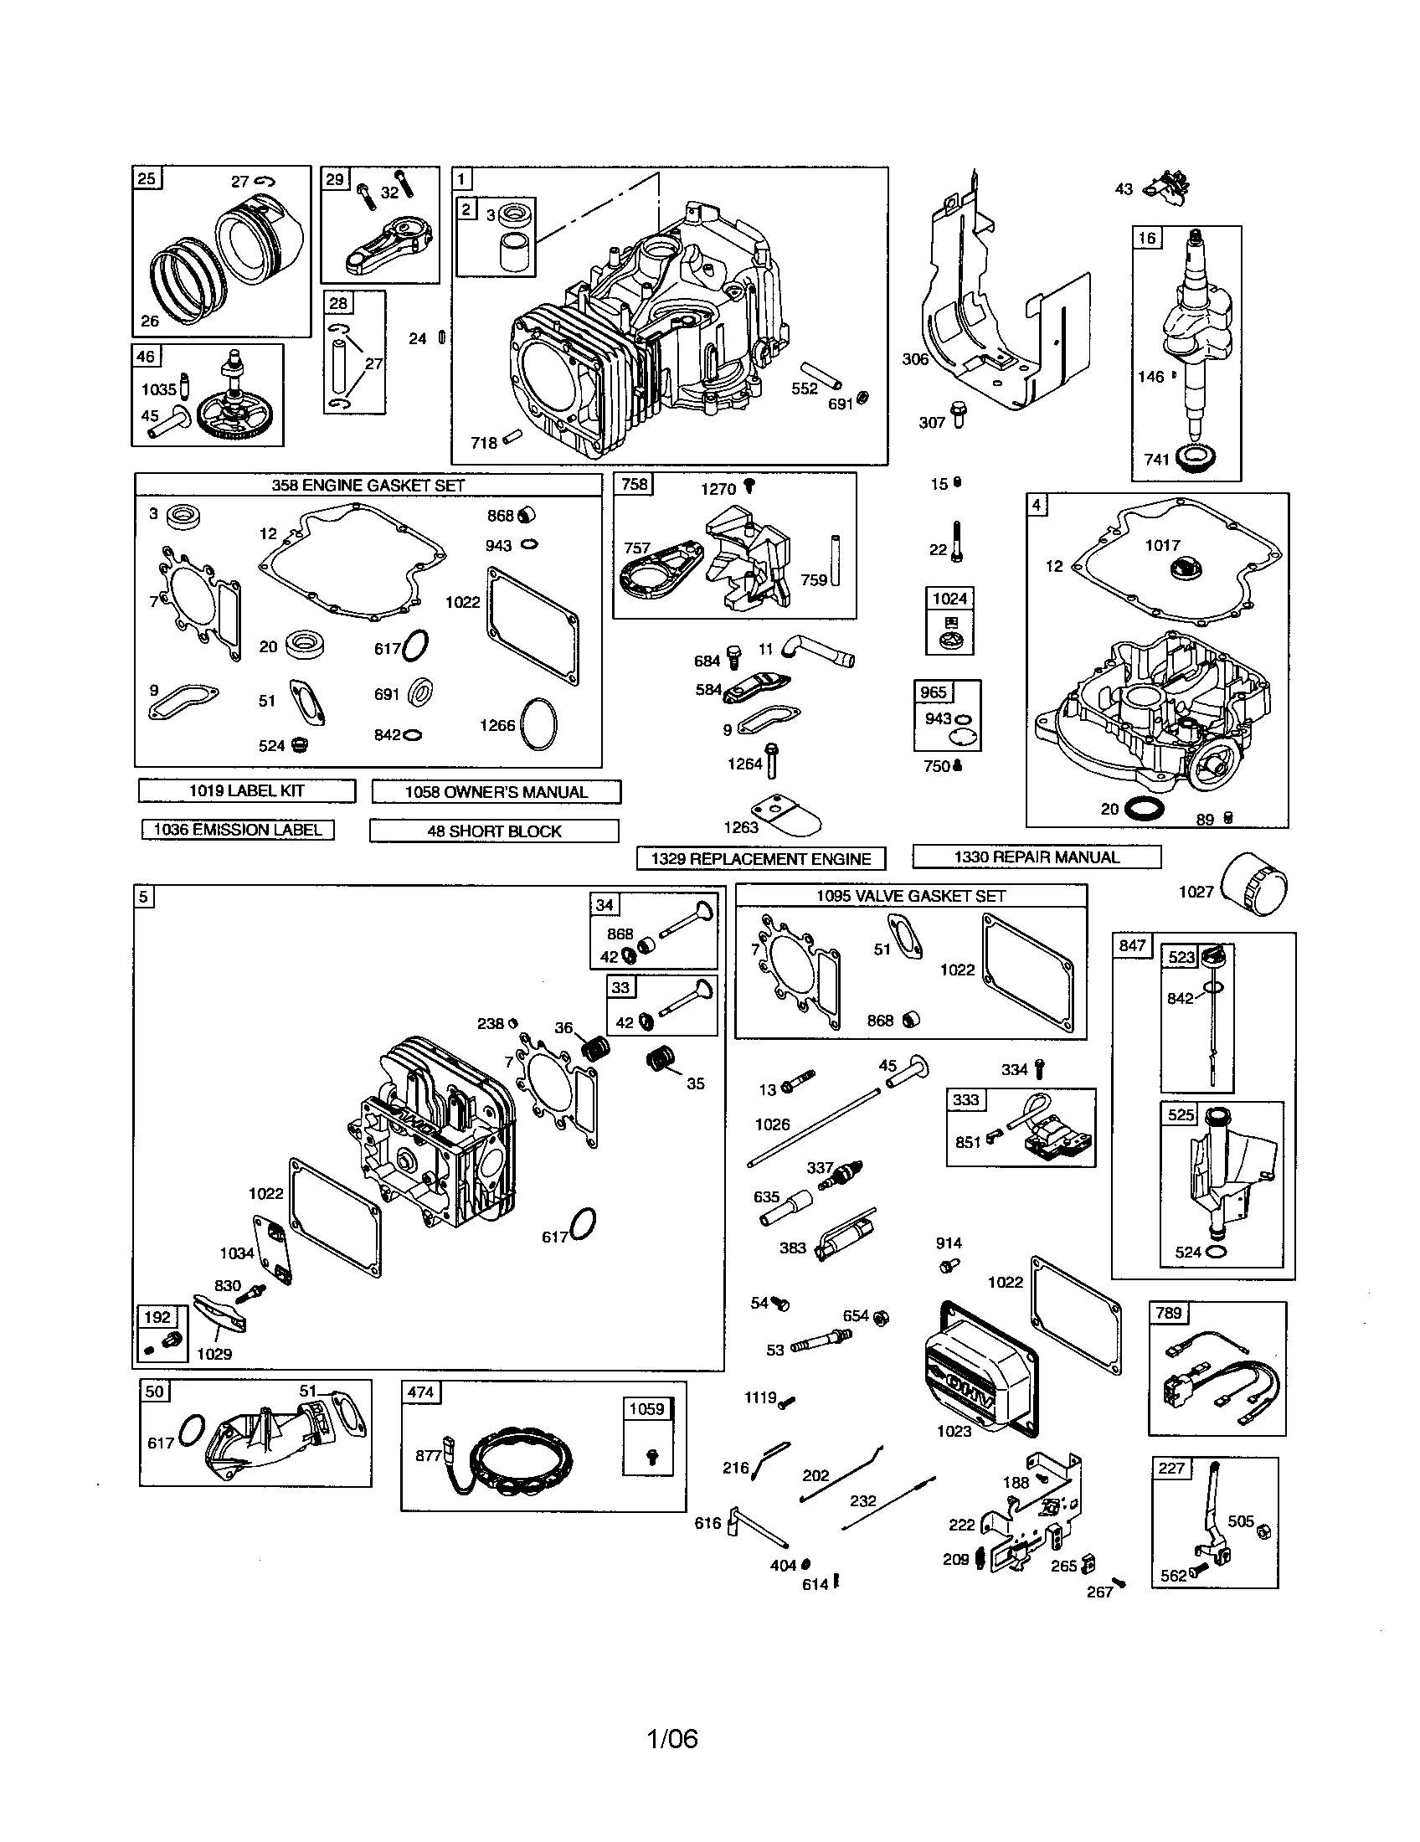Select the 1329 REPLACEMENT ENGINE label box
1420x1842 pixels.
coord(760,858)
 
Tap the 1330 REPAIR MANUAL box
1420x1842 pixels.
coord(1037,857)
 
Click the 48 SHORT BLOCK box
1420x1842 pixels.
coord(494,831)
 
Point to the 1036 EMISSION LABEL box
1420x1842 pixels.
coord(238,830)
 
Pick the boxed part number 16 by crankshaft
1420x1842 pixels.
coord(1147,238)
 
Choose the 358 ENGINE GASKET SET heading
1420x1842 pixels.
coord(368,485)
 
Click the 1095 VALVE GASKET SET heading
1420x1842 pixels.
coord(911,896)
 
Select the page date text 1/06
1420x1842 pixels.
coord(672,1739)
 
